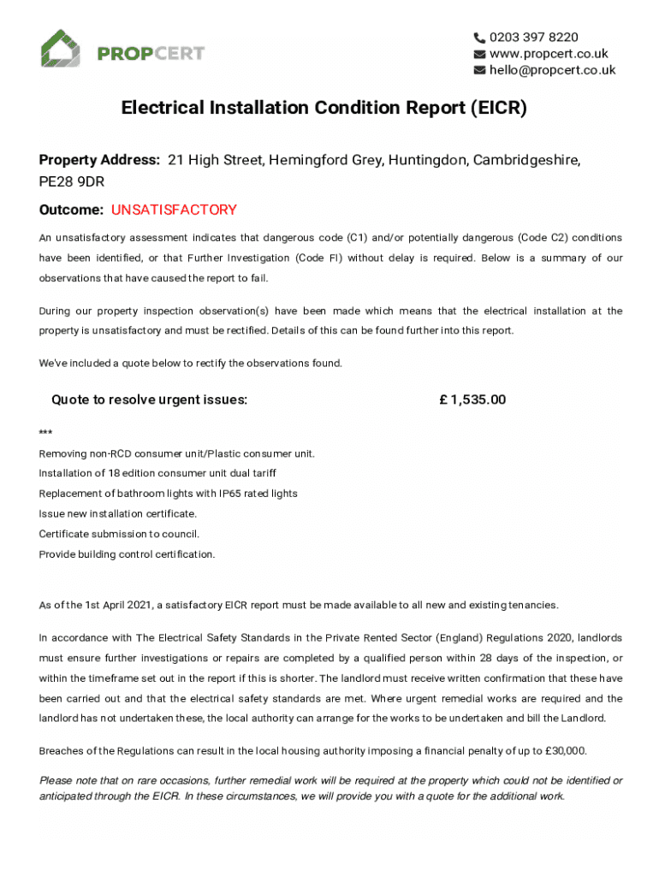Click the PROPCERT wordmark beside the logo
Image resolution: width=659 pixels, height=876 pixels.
click(x=151, y=54)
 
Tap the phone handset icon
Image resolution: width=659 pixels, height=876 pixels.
click(x=479, y=37)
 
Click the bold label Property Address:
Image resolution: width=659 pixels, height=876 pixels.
click(x=99, y=160)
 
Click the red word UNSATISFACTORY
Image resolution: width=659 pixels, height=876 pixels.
click(x=174, y=210)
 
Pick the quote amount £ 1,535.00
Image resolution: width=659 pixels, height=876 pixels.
click(x=472, y=400)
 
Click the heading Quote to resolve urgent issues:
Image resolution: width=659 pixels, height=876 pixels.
click(x=149, y=400)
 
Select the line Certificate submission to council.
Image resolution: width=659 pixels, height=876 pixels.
click(x=119, y=534)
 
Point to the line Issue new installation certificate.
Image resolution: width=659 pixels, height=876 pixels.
click(x=118, y=513)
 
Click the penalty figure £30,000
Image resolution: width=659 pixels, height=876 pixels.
click(x=565, y=751)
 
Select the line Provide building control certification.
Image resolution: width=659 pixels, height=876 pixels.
click(x=128, y=554)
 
